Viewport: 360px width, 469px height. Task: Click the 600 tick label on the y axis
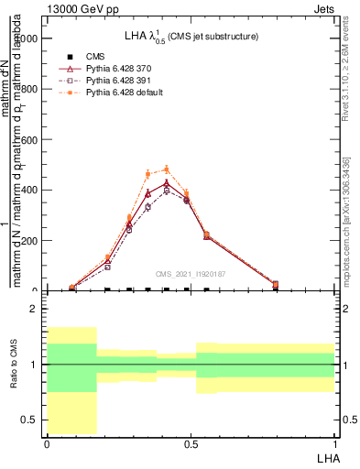coord(33,140)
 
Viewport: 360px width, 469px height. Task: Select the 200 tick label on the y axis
coord(33,241)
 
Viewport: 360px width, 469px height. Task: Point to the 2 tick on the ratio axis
coord(36,309)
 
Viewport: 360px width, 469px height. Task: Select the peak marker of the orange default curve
coord(167,169)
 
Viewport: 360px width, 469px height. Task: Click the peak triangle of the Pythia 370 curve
coord(167,183)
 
